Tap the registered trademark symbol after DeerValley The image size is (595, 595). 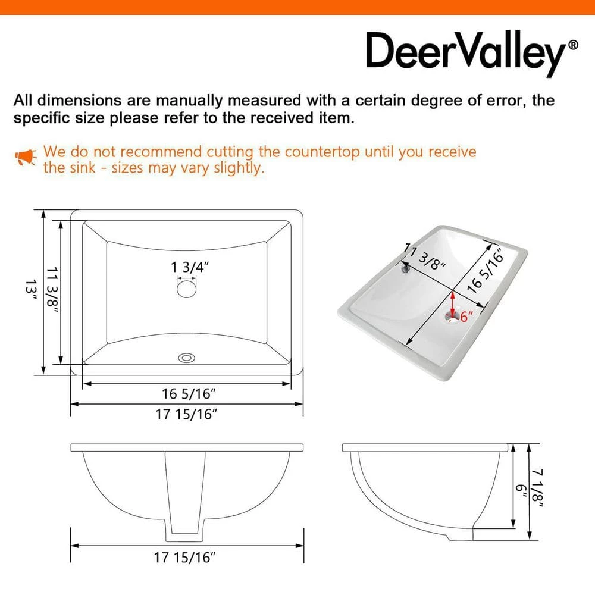tap(573, 45)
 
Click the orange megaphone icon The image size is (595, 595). tap(26, 158)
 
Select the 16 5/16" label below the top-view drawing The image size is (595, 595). tap(188, 393)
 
